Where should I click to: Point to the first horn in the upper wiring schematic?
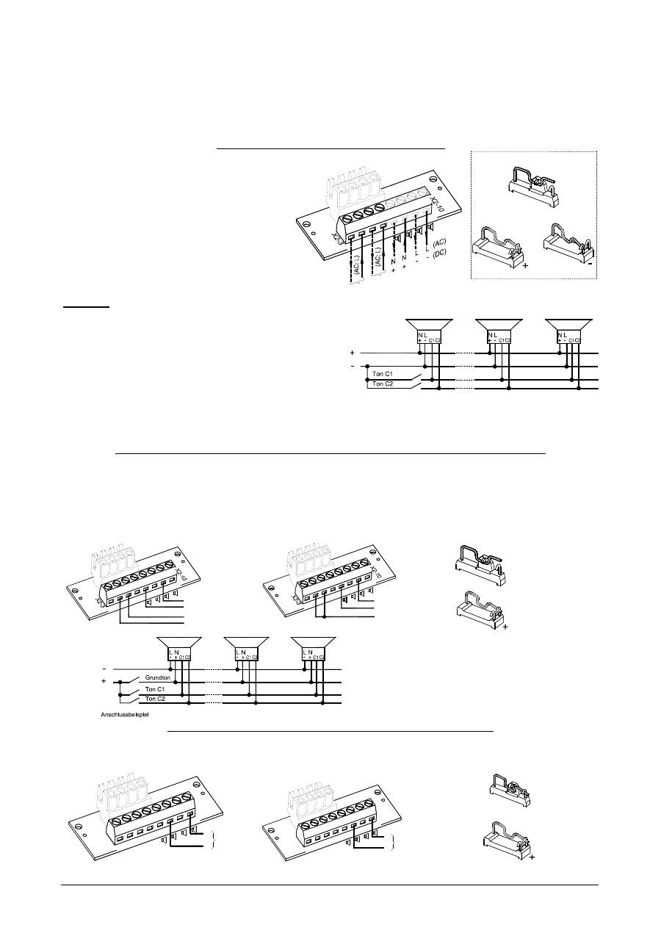[x=428, y=325]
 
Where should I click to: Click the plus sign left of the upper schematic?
[x=353, y=353]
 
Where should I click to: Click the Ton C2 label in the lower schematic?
[x=154, y=699]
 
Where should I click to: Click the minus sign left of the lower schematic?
[x=104, y=669]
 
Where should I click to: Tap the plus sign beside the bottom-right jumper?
[x=531, y=857]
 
